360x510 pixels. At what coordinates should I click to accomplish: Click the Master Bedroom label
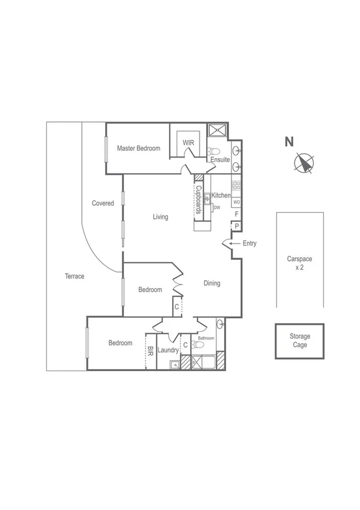[x=138, y=148]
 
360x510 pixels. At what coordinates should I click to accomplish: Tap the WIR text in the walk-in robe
[x=188, y=143]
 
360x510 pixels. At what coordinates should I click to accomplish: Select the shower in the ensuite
[x=215, y=129]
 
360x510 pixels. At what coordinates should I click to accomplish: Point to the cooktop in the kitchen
[x=236, y=186]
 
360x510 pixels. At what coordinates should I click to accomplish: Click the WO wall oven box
[x=236, y=202]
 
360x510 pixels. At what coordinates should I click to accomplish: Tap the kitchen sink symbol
[x=206, y=197]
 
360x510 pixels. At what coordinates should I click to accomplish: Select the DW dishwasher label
[x=217, y=207]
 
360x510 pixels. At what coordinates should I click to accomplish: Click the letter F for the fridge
[x=236, y=214]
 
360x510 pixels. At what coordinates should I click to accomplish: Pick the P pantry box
[x=236, y=226]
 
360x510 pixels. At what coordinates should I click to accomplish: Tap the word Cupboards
[x=198, y=200]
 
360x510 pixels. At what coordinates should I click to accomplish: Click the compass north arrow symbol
[x=305, y=163]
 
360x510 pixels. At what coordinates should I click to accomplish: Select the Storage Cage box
[x=299, y=341]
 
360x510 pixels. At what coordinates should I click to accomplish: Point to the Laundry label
[x=168, y=350]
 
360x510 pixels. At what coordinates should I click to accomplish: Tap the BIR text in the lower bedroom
[x=150, y=351]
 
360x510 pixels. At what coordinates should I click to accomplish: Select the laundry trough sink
[x=174, y=364]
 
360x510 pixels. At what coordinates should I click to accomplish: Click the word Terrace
[x=75, y=277]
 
